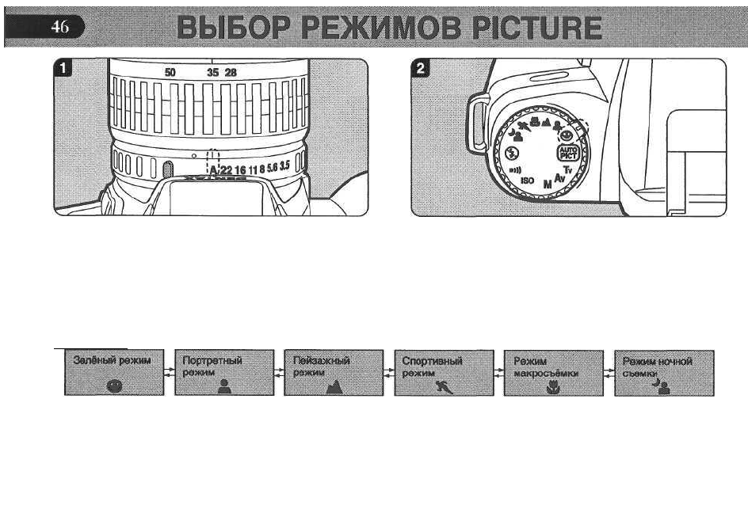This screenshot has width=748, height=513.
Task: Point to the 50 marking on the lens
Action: (170, 72)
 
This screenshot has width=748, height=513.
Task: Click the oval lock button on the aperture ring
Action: (167, 169)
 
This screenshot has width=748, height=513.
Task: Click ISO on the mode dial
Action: (527, 180)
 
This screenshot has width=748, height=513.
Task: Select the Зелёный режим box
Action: (113, 373)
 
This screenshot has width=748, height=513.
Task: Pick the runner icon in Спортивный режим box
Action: (443, 386)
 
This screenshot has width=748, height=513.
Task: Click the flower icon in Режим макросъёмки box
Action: (553, 387)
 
